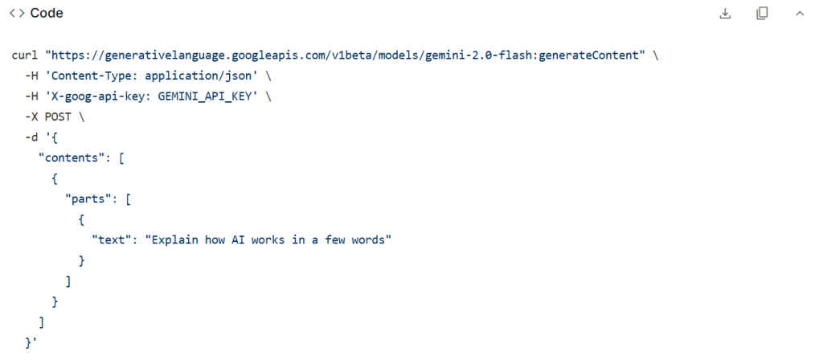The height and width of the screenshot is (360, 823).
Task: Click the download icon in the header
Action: tap(725, 14)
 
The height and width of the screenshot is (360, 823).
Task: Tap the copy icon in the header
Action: tap(762, 14)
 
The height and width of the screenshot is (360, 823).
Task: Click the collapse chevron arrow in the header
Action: tap(799, 14)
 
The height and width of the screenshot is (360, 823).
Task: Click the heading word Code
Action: tap(47, 14)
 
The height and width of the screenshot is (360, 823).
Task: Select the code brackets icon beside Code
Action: tap(16, 14)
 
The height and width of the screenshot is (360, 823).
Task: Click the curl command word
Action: tap(25, 55)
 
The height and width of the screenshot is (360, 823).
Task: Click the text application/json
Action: tap(202, 76)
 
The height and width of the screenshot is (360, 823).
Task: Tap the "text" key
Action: tap(114, 240)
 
